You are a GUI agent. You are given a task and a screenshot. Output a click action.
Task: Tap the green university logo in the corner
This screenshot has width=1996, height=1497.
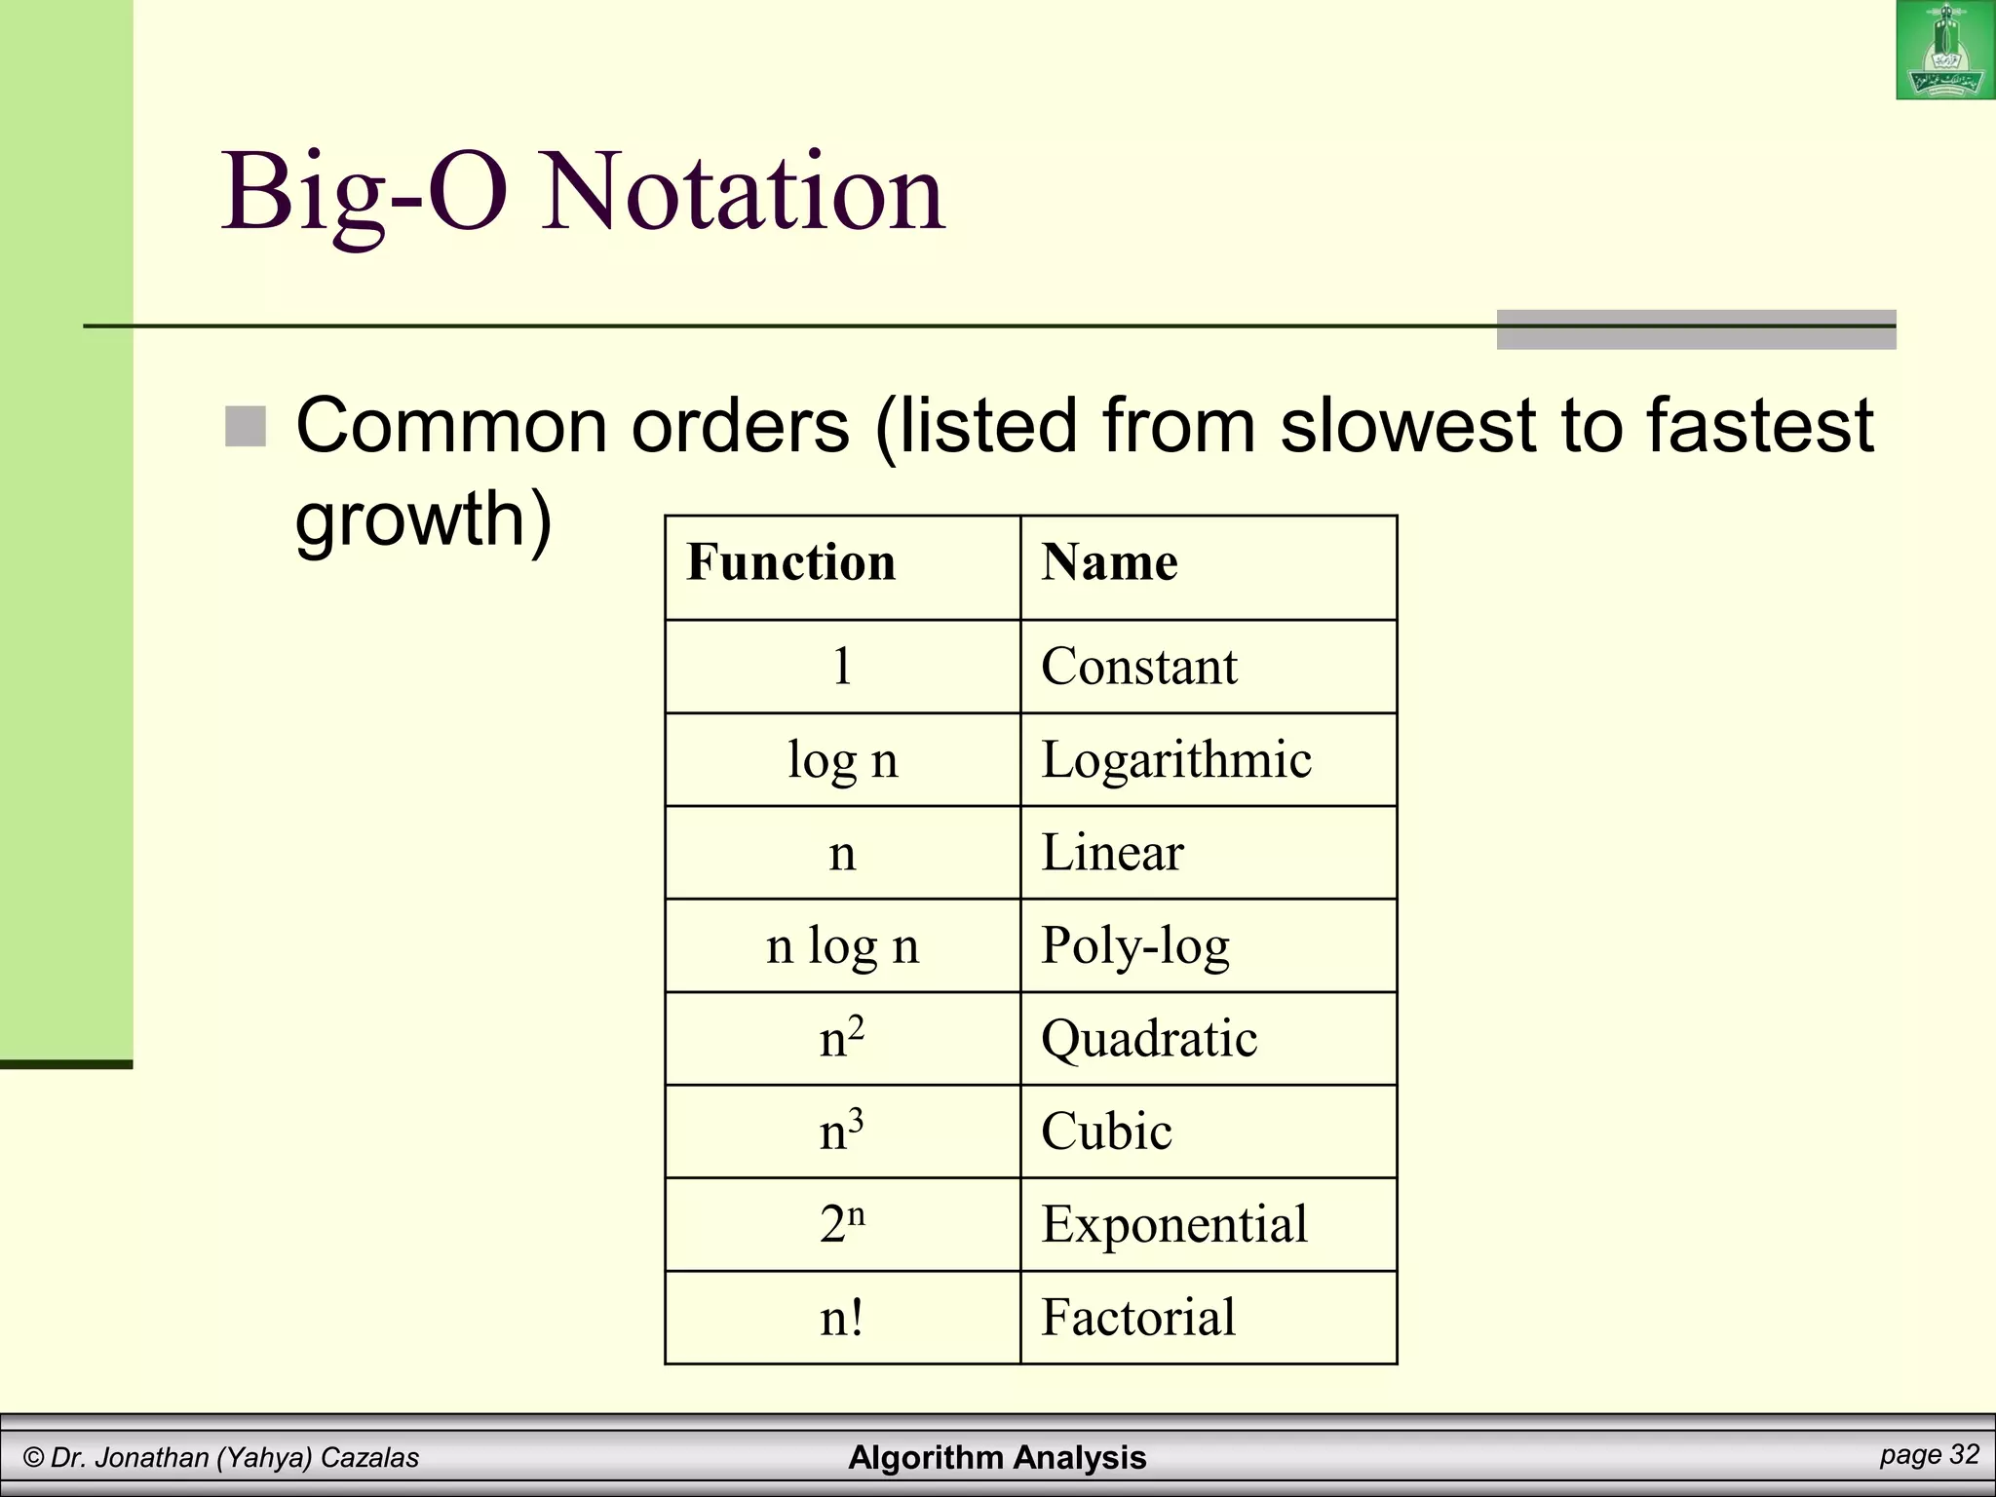[1945, 51]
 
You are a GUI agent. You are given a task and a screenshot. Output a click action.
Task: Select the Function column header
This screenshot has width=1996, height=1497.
[791, 563]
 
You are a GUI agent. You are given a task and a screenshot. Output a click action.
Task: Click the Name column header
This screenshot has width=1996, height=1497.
[1109, 563]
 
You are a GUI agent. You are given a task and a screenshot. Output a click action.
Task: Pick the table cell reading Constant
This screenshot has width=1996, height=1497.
[1138, 667]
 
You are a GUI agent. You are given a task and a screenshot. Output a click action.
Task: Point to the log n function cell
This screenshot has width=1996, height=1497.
[842, 760]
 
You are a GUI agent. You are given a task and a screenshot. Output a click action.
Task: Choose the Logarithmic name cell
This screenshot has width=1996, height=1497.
[1176, 760]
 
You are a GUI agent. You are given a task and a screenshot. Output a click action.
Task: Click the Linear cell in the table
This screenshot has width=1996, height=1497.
[1112, 853]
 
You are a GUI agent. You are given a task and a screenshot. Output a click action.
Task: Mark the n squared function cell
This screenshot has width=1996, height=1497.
[842, 1039]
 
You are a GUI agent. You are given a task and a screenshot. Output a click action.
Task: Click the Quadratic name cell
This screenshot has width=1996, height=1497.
[1149, 1039]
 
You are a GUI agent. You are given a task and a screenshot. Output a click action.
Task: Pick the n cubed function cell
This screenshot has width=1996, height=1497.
[842, 1132]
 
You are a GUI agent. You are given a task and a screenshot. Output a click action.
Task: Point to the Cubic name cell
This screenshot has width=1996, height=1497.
[1106, 1132]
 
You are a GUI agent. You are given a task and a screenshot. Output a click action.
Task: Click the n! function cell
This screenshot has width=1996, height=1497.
[842, 1318]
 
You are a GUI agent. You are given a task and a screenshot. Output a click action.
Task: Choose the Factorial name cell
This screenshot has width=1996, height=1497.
[1138, 1318]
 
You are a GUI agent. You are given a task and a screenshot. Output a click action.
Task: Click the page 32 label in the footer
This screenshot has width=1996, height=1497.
[1929, 1455]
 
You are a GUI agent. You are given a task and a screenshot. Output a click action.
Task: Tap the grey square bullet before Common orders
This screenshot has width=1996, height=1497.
[246, 427]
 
